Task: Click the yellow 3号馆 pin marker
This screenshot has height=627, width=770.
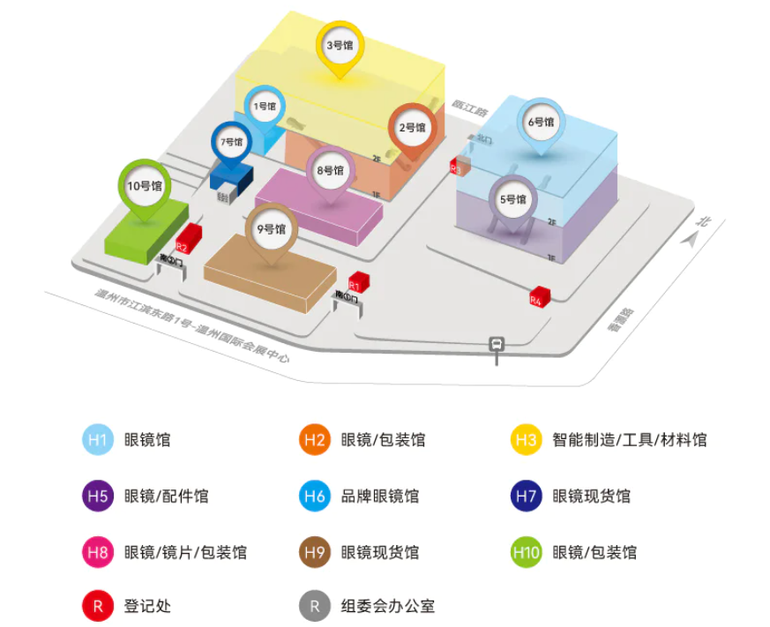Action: click(340, 45)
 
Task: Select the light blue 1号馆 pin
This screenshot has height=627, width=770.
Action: click(265, 108)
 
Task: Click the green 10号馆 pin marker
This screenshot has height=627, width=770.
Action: click(144, 186)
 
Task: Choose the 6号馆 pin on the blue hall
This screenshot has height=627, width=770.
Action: click(541, 123)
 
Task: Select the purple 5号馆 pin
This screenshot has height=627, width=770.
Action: click(512, 199)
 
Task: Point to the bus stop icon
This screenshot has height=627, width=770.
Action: click(497, 345)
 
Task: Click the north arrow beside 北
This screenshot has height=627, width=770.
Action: click(693, 239)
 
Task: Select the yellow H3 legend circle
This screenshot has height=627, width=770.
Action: click(526, 439)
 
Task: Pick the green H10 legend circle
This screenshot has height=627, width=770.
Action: click(526, 552)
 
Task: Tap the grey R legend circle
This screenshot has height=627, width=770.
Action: click(315, 606)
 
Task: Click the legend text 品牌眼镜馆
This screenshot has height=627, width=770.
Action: click(380, 496)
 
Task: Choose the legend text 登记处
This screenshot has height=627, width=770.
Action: click(144, 606)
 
